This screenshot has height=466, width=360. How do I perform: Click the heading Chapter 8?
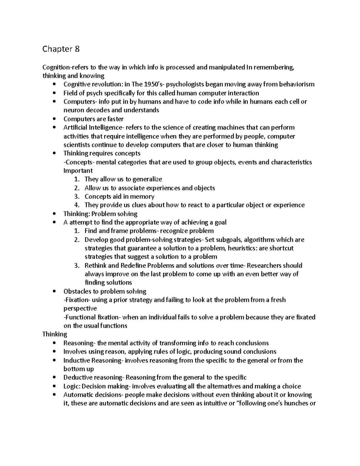click(61, 49)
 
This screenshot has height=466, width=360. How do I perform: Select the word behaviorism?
click(297, 84)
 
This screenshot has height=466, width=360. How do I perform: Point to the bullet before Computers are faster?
click(54, 119)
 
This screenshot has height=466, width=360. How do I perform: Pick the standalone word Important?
click(78, 171)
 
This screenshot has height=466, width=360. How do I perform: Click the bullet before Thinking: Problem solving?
click(54, 214)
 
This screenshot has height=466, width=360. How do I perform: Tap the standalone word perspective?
click(80, 308)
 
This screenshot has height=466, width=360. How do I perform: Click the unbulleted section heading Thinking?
click(55, 334)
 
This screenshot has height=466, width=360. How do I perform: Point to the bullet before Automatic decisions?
click(54, 395)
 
